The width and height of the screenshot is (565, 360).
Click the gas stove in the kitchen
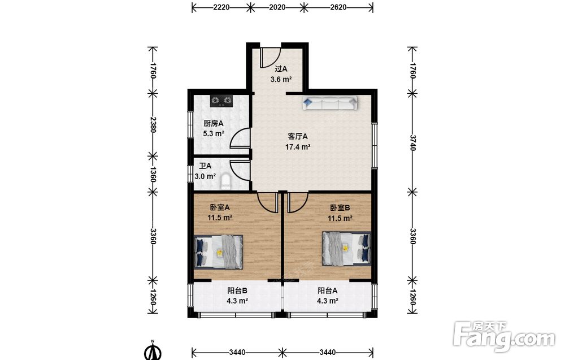tap(221, 101)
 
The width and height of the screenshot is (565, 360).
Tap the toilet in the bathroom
tap(225, 181)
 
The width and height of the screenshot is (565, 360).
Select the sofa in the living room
tap(330, 103)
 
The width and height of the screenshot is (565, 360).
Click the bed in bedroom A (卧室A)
tap(218, 252)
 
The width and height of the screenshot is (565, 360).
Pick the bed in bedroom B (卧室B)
tap(346, 248)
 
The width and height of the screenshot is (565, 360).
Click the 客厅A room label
tap(298, 137)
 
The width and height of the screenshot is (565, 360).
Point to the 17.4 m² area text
tap(298, 147)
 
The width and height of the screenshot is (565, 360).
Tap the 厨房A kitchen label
tap(214, 124)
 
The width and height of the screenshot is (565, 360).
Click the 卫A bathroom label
tap(205, 166)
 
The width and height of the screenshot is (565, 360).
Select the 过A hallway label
tap(281, 69)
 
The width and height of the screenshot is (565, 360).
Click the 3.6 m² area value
tap(281, 79)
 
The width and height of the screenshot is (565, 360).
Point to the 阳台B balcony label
tap(237, 290)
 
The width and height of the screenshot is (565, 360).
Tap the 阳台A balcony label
tap(327, 290)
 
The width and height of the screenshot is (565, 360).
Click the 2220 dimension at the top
tap(221, 7)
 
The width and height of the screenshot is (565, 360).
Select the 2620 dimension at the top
tap(338, 7)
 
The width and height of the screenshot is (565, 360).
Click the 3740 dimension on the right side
tap(412, 143)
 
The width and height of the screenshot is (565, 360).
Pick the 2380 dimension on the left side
tap(153, 125)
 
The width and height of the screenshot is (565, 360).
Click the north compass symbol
tap(153, 350)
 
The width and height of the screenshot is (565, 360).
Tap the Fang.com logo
tap(504, 337)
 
